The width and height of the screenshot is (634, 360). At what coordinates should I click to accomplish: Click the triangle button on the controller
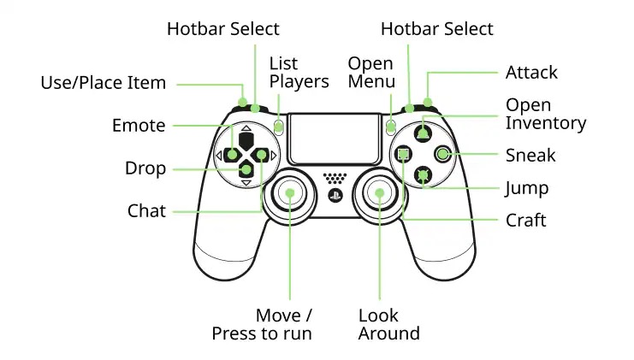(x=423, y=133)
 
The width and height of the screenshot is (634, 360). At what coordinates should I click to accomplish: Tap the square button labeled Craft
(x=403, y=154)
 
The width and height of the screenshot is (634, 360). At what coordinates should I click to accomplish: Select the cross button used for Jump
(x=423, y=175)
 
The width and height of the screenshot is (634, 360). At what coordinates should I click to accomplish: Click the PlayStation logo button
(x=335, y=196)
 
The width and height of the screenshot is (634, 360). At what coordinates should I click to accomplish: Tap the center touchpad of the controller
(x=335, y=139)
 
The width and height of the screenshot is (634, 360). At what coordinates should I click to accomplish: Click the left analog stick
(x=289, y=193)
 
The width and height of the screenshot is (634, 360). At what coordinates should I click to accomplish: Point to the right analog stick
(x=379, y=193)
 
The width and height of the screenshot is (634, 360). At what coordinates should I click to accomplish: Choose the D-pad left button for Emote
(x=233, y=155)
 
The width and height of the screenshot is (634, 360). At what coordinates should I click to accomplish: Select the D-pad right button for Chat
(x=260, y=155)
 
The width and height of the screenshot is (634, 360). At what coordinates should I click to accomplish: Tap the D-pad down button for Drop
(x=246, y=169)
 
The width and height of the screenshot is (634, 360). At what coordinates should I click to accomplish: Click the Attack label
(x=531, y=73)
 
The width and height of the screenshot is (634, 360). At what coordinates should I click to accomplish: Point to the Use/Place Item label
(x=104, y=83)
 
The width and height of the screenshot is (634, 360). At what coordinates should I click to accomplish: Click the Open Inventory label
(x=546, y=114)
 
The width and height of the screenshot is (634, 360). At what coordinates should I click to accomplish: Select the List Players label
(x=299, y=73)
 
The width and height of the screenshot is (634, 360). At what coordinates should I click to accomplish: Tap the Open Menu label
(x=371, y=73)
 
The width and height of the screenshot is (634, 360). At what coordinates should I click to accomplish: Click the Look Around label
(x=388, y=324)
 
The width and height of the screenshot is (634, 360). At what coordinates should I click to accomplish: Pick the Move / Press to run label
(x=262, y=324)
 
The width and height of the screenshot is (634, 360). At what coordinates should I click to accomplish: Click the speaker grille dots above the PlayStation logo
(x=335, y=178)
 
